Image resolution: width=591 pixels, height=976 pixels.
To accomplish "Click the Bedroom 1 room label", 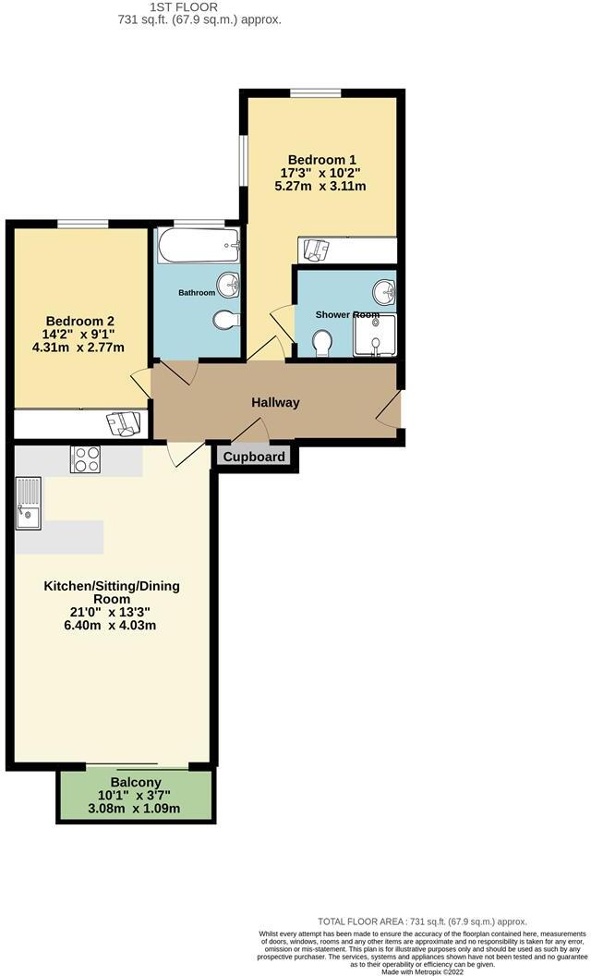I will click(320, 158).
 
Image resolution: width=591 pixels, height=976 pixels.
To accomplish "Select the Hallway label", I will click(276, 403).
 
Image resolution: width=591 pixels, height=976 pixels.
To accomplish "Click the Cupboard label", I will click(254, 457).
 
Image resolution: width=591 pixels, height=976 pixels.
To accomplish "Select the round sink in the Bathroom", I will click(227, 282).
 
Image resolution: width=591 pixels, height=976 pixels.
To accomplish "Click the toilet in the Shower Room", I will click(322, 344).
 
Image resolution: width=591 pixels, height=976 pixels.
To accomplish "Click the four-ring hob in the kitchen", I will click(86, 459).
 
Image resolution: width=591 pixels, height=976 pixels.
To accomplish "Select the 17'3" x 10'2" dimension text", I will click(320, 172).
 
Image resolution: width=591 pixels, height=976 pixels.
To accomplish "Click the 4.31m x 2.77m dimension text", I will click(78, 348).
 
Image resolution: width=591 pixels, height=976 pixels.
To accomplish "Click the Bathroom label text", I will click(197, 293).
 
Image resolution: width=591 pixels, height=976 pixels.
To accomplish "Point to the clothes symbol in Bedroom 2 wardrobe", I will click(122, 422).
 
